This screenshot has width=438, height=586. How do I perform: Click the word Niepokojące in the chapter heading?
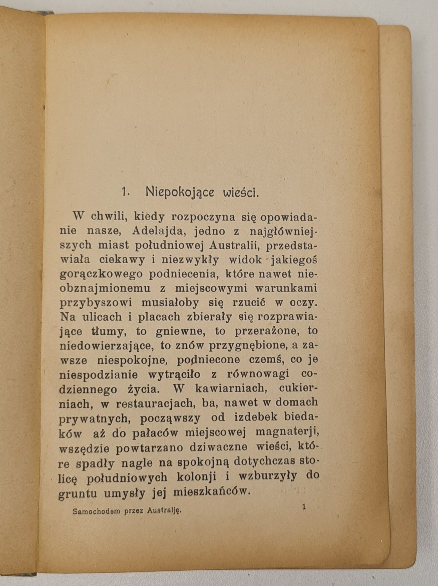click(x=180, y=192)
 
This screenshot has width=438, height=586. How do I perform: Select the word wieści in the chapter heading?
click(x=241, y=193)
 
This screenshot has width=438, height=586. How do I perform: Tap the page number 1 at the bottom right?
click(x=304, y=507)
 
